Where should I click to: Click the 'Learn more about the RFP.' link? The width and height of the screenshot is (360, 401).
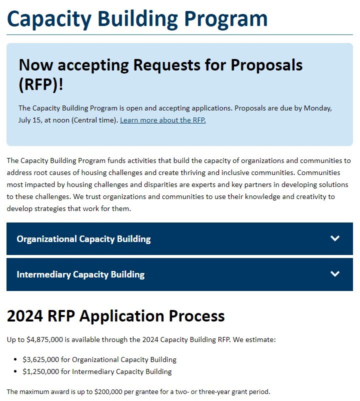point(162,120)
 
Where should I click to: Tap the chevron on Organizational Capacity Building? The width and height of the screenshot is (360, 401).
point(335,238)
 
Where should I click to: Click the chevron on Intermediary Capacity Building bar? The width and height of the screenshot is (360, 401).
point(335,274)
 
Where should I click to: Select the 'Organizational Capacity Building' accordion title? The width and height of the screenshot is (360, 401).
point(83,239)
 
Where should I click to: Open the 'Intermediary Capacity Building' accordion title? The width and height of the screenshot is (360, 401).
point(80,274)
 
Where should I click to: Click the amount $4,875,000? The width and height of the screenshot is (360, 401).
point(46,339)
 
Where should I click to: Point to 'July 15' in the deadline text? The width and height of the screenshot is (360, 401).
point(30,120)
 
